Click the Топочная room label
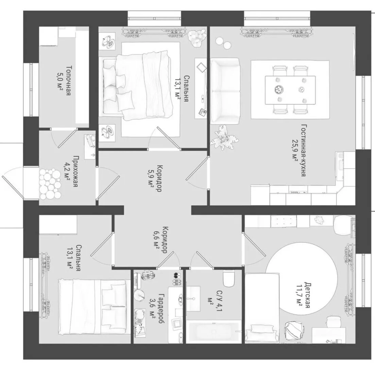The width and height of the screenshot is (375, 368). click(x=68, y=80)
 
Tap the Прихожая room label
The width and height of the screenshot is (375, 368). click(x=75, y=172)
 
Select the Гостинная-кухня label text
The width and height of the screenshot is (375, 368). click(x=303, y=150)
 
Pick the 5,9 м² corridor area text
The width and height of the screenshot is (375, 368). click(x=151, y=178)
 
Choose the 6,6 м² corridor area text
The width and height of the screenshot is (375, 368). click(x=156, y=240)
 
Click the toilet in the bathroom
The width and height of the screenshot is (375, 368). click(x=229, y=279)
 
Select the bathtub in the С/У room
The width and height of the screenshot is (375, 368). click(x=213, y=332)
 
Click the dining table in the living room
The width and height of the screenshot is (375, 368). click(x=290, y=90)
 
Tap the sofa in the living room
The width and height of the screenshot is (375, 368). click(x=225, y=91)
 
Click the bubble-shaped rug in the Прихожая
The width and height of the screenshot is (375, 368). click(x=49, y=184)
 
